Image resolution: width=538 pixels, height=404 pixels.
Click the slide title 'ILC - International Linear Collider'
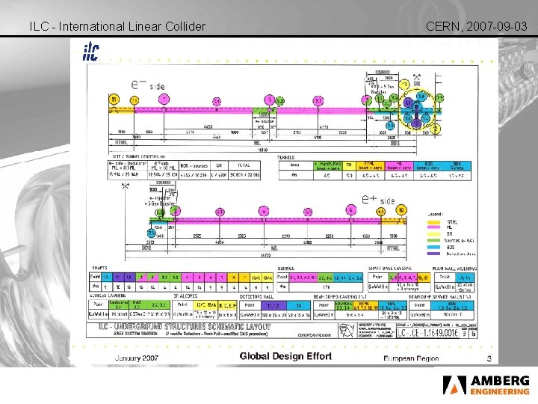click(x=117, y=27)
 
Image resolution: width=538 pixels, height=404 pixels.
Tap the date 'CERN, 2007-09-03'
click(x=477, y=27)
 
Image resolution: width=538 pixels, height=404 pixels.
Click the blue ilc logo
click(x=90, y=51)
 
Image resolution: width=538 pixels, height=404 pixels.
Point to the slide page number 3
click(x=488, y=360)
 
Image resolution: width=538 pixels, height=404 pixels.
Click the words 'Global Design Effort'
click(x=285, y=356)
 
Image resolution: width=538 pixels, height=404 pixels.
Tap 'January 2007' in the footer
click(x=136, y=358)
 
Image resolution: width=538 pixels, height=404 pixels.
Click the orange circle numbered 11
click(x=114, y=100)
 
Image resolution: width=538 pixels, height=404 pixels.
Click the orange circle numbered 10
click(x=401, y=209)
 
